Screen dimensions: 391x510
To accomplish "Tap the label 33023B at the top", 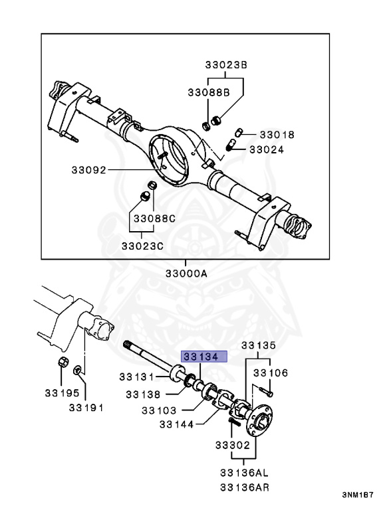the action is [226, 65].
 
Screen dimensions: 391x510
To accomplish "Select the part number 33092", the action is [89, 170].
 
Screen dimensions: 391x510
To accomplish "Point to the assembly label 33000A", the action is [186, 273].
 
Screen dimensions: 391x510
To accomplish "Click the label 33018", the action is [277, 134].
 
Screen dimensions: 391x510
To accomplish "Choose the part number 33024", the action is [267, 149].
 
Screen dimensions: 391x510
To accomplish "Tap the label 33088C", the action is [154, 218].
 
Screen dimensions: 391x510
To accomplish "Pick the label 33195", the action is [63, 393].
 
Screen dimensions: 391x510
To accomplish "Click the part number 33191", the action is [86, 408].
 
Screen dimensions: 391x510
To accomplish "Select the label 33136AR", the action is [245, 487].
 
